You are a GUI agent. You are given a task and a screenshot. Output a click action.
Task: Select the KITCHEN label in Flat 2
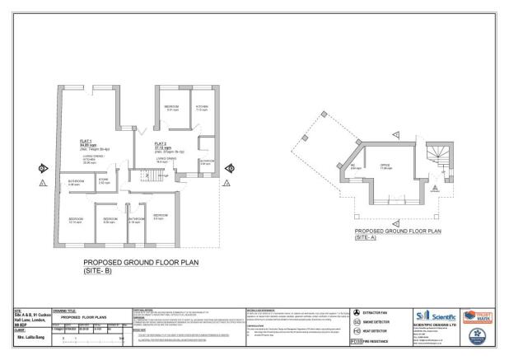pyautogui.click(x=202, y=106)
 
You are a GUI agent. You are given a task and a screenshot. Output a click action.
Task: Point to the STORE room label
pyautogui.click(x=104, y=180)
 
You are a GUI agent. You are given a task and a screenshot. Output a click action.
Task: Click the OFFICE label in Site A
pyautogui.click(x=385, y=166)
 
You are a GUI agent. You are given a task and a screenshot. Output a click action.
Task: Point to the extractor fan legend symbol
pyautogui.click(x=356, y=312)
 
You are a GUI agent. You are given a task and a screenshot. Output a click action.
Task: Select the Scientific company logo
pyautogui.click(x=432, y=315)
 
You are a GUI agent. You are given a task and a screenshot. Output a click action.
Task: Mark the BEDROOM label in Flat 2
pyautogui.click(x=172, y=106)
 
